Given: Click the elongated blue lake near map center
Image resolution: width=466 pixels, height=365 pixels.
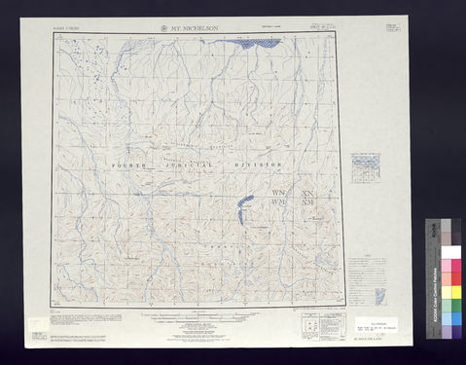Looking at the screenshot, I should pos(243,205).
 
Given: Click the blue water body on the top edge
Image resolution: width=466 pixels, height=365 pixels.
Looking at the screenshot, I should pos(260,43).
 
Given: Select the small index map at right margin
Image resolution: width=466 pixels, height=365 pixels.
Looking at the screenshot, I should pos(367,166).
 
